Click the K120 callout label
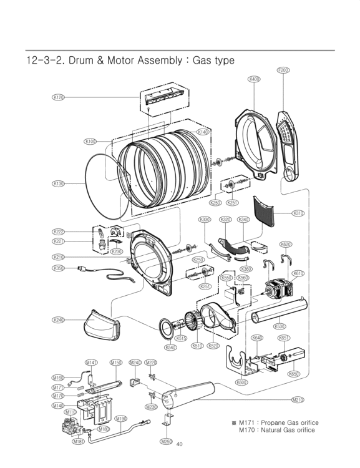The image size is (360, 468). pyautogui.click(x=59, y=97)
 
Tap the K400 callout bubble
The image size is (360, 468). pyautogui.click(x=254, y=79)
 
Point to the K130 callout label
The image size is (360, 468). pyautogui.click(x=59, y=183)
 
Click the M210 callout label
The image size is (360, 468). pyautogui.click(x=298, y=399)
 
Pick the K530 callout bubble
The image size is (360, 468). pyautogui.click(x=279, y=326)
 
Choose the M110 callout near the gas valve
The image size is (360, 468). pyautogui.click(x=70, y=412)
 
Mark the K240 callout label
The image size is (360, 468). pyautogui.click(x=59, y=319)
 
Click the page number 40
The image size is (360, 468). pyautogui.click(x=180, y=444)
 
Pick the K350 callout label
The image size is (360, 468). pyautogui.click(x=59, y=268)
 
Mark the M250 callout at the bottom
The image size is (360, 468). pyautogui.click(x=165, y=441)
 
